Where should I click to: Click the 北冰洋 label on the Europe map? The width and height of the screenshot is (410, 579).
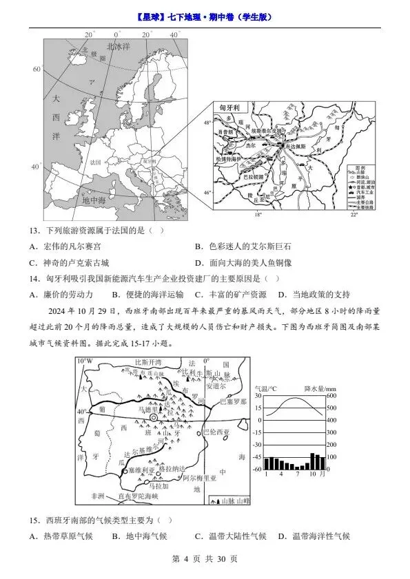(x=118, y=47)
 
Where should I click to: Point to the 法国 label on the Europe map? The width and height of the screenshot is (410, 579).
(x=95, y=162)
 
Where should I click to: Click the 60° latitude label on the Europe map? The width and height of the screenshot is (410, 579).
(x=37, y=70)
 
